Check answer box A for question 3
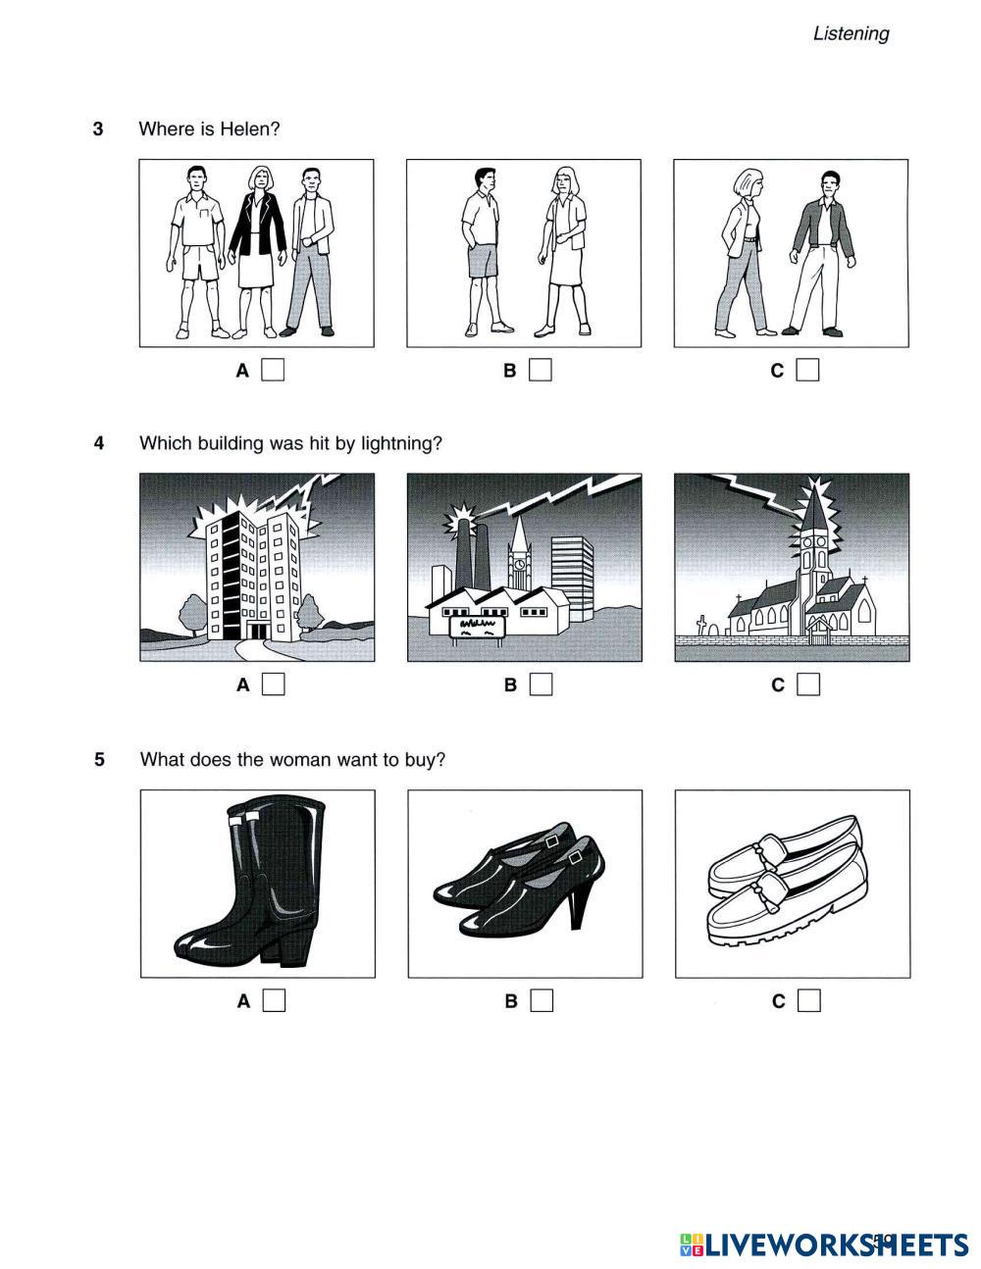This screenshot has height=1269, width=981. coord(273,370)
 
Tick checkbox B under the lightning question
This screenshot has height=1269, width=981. coord(541,684)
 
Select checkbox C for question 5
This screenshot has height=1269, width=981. coord(808,1000)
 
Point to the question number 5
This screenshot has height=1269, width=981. coord(99,759)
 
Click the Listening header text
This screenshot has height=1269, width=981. coord(851,34)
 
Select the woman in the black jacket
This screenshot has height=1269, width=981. coord(257,252)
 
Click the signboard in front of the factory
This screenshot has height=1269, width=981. coord(476,629)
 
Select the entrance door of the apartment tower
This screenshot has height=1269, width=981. coord(256,632)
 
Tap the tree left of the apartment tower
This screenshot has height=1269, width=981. coord(192,616)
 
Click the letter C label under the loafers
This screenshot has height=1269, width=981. coord(778,1001)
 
